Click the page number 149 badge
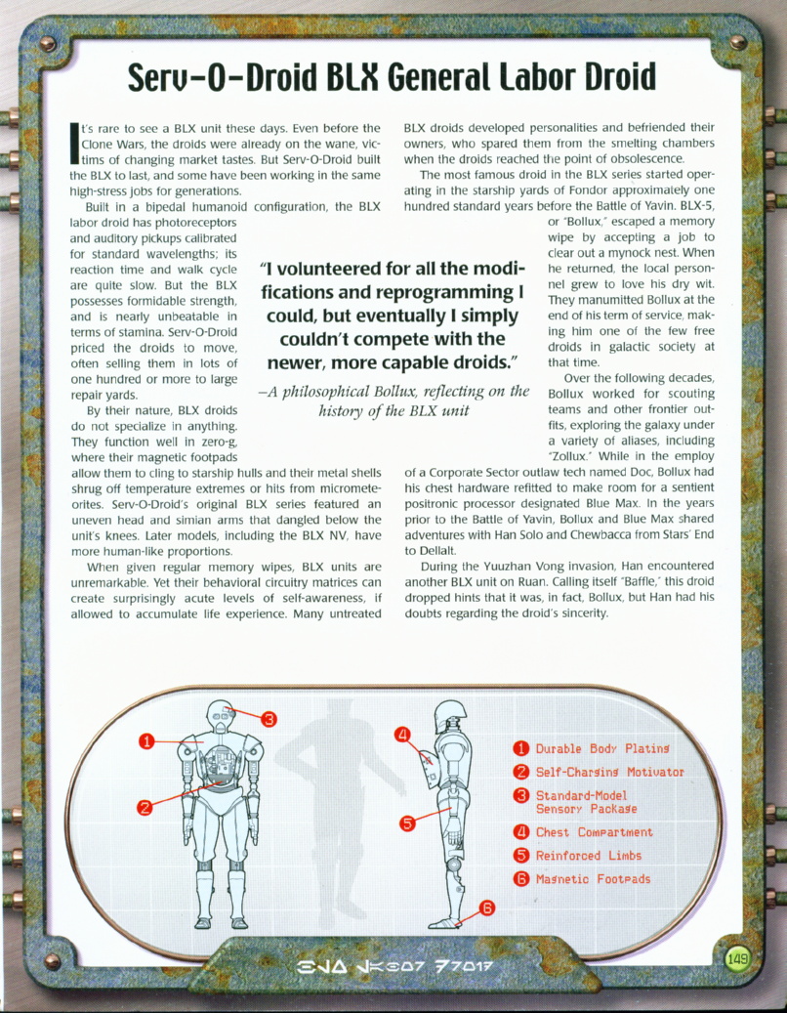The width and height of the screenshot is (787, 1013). pyautogui.click(x=738, y=958)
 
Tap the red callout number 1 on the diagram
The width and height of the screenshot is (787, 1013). pyautogui.click(x=145, y=740)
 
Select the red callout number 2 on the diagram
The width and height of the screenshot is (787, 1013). pyautogui.click(x=145, y=807)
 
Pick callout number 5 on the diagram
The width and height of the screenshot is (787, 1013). pyautogui.click(x=408, y=822)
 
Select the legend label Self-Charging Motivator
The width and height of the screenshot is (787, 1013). pyautogui.click(x=609, y=772)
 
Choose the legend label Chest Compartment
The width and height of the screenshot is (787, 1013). pyautogui.click(x=594, y=832)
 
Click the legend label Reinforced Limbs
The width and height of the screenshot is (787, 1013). pyautogui.click(x=588, y=856)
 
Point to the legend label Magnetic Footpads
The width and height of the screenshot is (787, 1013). pyautogui.click(x=593, y=879)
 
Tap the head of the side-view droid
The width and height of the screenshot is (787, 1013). pyautogui.click(x=448, y=714)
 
